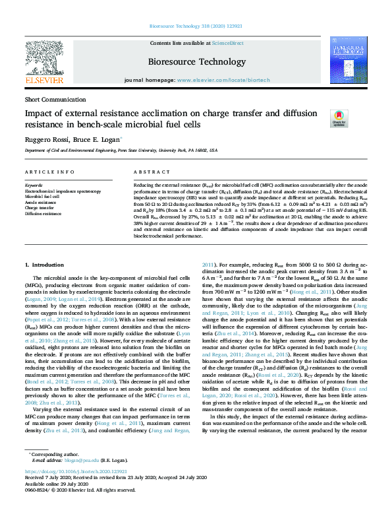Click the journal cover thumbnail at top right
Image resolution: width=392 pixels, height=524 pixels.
347,61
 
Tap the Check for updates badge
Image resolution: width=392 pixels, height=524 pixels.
339,118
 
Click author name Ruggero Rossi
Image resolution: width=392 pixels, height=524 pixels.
44,139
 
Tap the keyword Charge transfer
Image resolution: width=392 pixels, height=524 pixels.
40,208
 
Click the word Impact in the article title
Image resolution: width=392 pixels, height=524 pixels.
38,113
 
